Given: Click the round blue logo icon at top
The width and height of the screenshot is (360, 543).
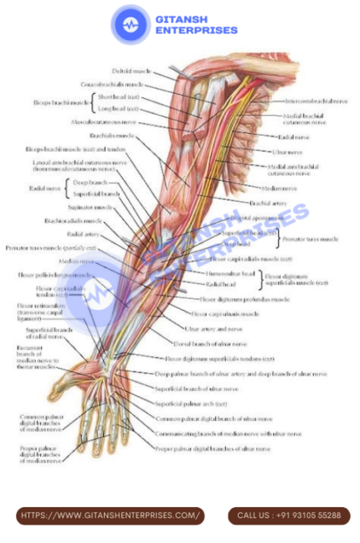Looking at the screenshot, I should pyautogui.click(x=131, y=24).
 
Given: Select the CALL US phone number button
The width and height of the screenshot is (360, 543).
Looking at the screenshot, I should pyautogui.click(x=289, y=515).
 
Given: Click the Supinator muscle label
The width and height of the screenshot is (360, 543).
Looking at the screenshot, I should pyautogui.click(x=91, y=207).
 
